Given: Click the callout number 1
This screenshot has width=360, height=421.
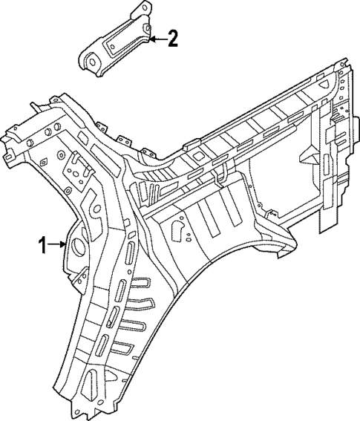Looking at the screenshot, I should tap(43, 243).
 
